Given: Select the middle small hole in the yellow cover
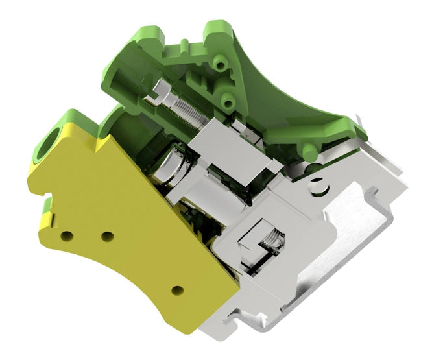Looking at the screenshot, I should click(x=107, y=235).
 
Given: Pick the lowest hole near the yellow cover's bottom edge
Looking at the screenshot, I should click(x=176, y=290).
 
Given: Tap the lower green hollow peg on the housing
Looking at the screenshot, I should click(x=227, y=99).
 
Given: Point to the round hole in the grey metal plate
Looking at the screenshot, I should click(x=317, y=184).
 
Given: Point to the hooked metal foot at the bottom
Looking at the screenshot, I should click(x=250, y=318).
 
